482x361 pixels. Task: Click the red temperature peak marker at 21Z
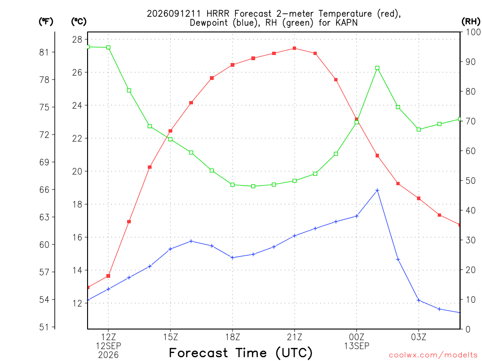tap(295, 48)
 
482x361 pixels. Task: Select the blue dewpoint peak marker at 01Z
tap(377, 190)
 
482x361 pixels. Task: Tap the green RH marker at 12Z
tap(108, 47)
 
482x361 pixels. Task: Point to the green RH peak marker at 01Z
tap(377, 68)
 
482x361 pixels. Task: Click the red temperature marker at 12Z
tap(108, 276)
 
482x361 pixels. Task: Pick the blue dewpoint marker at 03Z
tap(418, 300)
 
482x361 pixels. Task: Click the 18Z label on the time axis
tap(233, 337)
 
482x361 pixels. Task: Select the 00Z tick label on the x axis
tap(357, 337)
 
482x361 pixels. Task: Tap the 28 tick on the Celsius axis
tap(77, 39)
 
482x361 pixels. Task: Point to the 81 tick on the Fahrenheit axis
tap(44, 52)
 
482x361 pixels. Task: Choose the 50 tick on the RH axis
tap(471, 180)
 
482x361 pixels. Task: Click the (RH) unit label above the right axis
tap(471, 22)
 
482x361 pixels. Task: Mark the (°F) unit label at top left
tap(46, 22)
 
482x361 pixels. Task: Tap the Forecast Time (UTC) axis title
tap(241, 353)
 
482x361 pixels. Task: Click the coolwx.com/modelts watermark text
tap(433, 355)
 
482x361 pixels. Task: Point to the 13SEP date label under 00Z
tap(357, 346)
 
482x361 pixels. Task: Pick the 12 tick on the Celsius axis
tap(77, 303)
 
